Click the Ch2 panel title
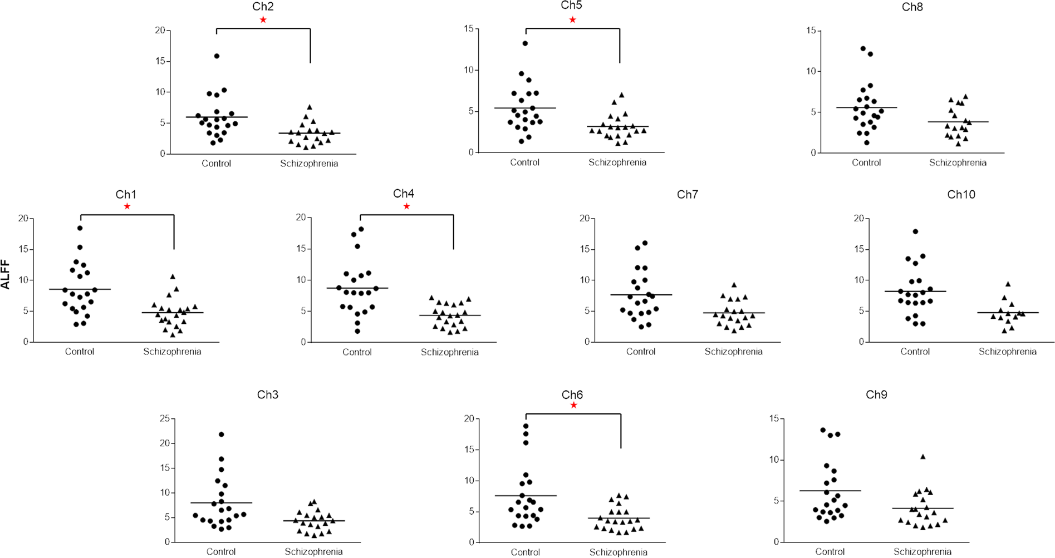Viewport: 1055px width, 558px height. click(263, 7)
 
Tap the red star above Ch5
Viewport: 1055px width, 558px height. click(572, 20)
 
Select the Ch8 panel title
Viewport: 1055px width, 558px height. click(912, 7)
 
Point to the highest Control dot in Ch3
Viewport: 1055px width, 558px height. click(222, 434)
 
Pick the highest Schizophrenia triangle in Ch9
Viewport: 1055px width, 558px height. click(922, 457)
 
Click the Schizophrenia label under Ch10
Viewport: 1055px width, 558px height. click(1007, 352)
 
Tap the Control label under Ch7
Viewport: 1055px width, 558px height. click(641, 352)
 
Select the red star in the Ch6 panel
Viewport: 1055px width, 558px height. click(573, 405)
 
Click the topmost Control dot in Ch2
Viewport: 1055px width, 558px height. click(217, 56)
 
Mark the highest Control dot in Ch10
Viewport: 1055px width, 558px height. click(915, 231)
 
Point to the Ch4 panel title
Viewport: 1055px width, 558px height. click(404, 194)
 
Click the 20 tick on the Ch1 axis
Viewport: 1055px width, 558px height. click(23, 218)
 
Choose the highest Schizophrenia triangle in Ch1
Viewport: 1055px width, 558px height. click(173, 276)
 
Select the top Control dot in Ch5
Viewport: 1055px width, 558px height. click(525, 43)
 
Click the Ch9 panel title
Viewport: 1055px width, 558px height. click(876, 394)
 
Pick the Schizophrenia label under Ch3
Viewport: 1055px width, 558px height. click(313, 552)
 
